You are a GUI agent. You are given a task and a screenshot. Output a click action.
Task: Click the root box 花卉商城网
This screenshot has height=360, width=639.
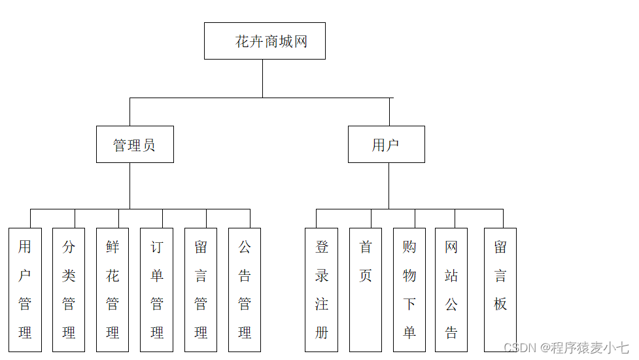point(264,41)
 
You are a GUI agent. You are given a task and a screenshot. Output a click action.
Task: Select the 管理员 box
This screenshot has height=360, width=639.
point(135,145)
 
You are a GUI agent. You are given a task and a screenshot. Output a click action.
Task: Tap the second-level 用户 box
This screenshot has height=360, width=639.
point(386,145)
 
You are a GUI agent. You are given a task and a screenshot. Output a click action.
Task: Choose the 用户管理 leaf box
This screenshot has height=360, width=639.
point(25,289)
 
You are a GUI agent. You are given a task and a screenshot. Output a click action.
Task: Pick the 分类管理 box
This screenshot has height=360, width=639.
point(69,289)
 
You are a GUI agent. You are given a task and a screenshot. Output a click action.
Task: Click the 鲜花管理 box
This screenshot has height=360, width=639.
point(112,289)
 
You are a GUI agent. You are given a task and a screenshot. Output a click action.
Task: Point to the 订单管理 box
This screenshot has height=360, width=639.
point(156,289)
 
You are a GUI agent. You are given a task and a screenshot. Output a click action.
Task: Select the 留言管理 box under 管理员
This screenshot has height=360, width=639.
point(201,289)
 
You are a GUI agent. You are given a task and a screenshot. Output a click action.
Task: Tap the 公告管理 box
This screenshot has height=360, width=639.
point(245,289)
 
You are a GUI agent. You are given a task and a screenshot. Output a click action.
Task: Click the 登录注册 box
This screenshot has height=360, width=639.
point(321,289)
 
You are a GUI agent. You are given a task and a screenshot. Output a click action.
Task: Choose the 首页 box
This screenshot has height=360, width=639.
point(365,289)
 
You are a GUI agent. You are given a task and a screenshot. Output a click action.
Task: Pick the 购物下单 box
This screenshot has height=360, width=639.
point(409,289)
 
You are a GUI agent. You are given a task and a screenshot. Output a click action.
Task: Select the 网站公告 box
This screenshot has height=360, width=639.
point(451,289)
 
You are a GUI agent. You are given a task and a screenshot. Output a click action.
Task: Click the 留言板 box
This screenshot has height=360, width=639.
point(500,289)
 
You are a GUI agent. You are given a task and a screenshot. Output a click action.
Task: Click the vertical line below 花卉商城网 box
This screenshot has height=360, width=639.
point(263,79)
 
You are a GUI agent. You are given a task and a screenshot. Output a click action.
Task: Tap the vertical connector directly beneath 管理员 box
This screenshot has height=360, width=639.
point(130,186)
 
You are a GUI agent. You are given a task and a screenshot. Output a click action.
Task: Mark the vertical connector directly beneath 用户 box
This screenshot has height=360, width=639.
point(389,186)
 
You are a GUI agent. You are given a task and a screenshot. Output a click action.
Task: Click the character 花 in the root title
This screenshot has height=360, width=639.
point(243,42)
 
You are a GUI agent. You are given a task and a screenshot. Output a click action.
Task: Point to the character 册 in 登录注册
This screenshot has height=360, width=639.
point(321,333)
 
